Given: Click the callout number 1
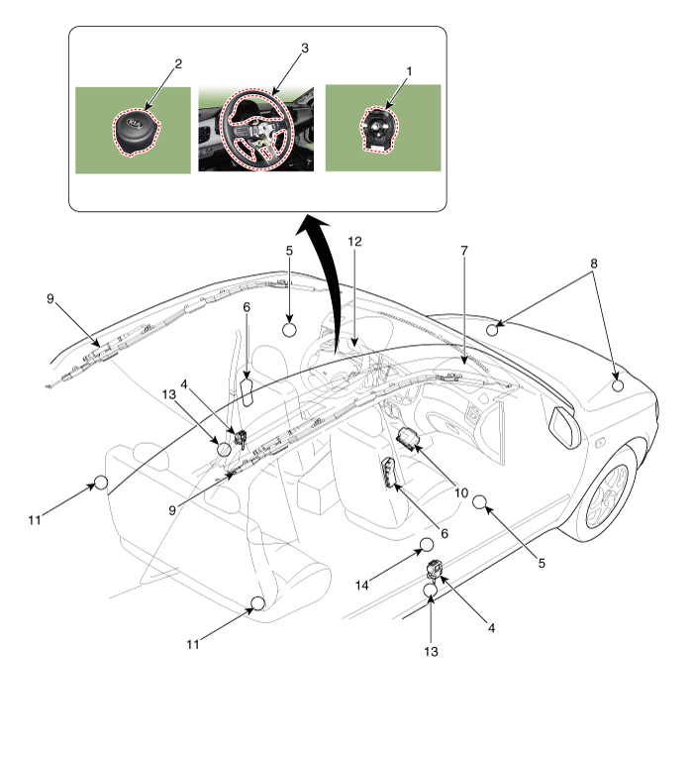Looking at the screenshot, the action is (409, 71).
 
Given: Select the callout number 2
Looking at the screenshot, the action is (178, 63).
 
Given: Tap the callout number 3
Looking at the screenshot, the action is (305, 48).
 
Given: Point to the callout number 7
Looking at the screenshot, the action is (464, 251).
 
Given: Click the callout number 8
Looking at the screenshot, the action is (594, 264).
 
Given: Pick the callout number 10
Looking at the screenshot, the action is (461, 492).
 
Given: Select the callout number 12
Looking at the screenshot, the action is (354, 241).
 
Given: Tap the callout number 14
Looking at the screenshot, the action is (361, 586).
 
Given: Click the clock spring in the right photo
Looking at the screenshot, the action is (379, 129).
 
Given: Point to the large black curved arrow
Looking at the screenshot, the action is (323, 271).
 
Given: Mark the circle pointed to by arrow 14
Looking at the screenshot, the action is (427, 545).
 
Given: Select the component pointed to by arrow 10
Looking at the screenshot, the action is (408, 438).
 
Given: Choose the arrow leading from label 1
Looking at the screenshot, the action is (396, 93).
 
